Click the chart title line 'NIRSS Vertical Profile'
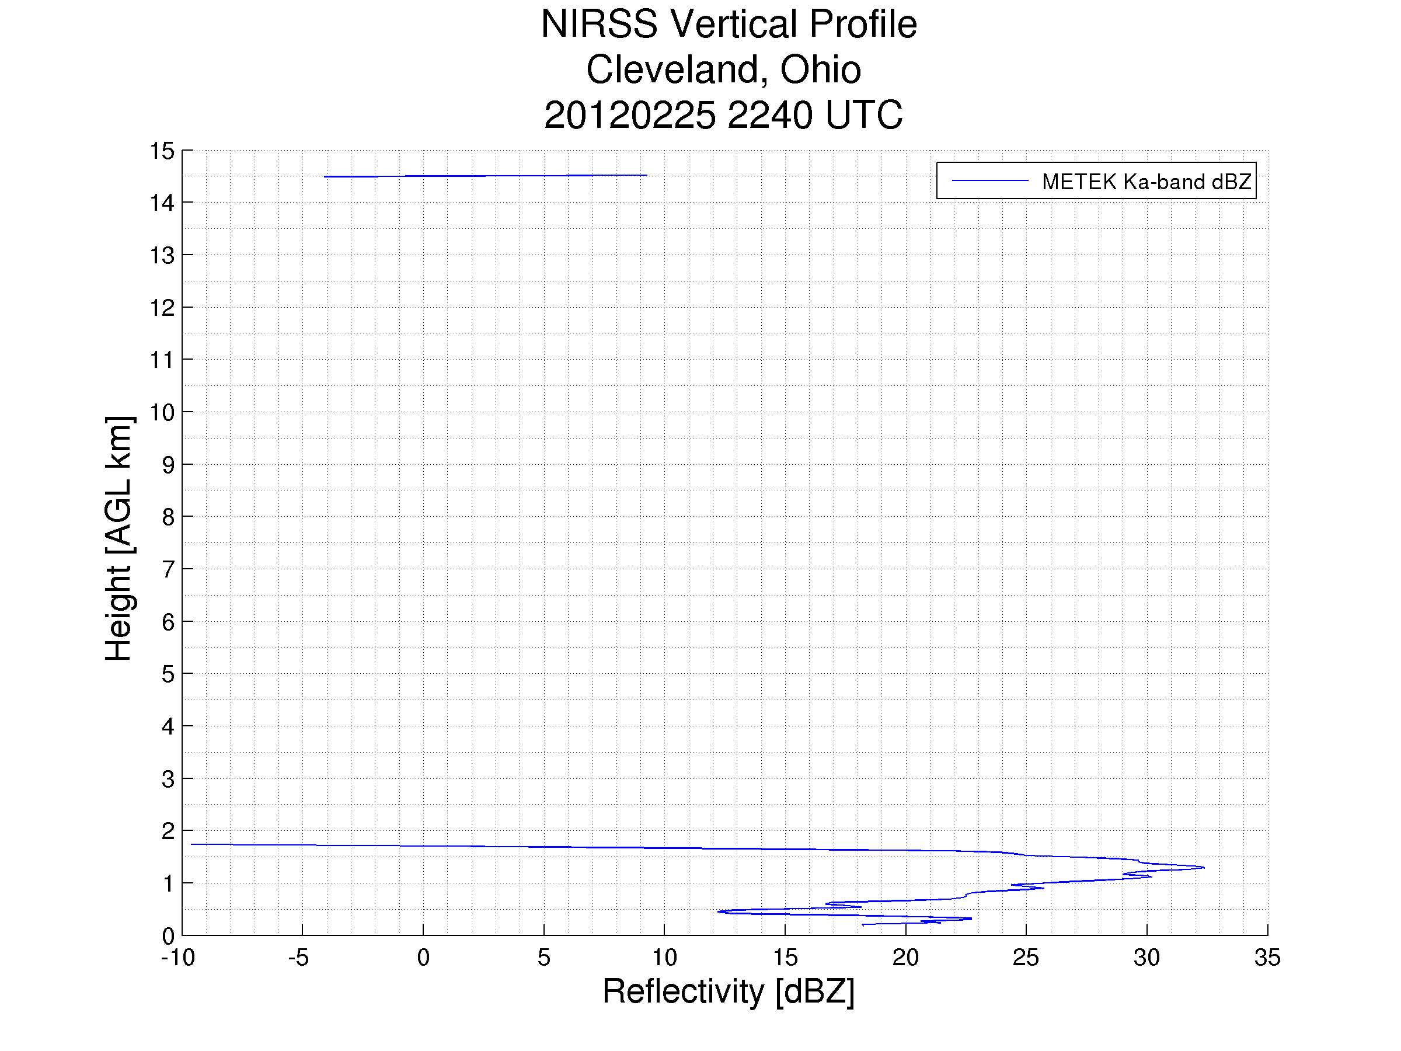pos(729,24)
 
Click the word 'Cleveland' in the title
pos(673,69)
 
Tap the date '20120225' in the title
pos(629,115)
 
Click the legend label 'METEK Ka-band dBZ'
pos(1146,182)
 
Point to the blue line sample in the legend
pos(989,181)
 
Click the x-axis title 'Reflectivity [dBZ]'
pos(729,991)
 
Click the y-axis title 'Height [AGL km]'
pos(119,538)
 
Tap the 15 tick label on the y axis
pos(162,151)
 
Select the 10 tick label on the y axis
pos(162,412)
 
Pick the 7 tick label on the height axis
pos(168,569)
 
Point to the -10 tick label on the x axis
pos(178,957)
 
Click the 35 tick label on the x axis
pos(1267,957)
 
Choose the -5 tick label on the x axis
pos(298,957)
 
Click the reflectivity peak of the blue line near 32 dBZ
pos(1203,867)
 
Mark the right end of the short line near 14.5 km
pos(646,175)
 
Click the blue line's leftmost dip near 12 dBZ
pos(718,911)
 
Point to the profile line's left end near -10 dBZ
pos(192,844)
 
